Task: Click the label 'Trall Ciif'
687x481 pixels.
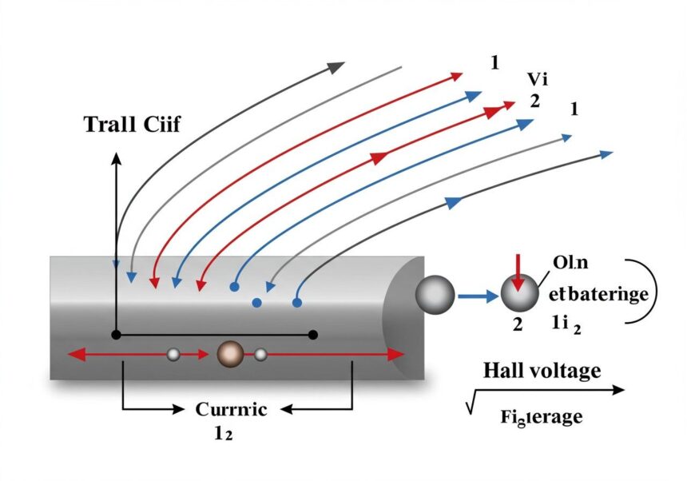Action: coord(132,124)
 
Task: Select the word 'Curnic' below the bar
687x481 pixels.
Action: coord(231,409)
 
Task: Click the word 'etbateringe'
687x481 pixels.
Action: coord(598,294)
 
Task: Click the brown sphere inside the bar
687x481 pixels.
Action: coord(230,354)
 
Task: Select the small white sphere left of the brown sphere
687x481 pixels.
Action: coord(173,355)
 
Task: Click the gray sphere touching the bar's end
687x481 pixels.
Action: coord(435,296)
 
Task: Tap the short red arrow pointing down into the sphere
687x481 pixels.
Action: coord(518,272)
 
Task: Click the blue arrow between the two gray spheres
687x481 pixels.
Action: coord(477,296)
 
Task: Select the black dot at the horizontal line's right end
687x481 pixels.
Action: coord(313,334)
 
